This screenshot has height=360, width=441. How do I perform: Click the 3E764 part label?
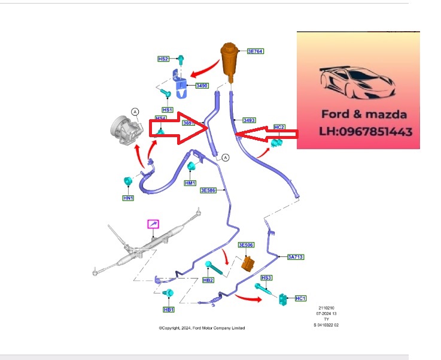255,52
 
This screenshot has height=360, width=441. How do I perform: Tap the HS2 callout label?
163,59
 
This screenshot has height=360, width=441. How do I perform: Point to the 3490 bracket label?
202,86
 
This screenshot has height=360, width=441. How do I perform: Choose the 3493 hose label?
249,120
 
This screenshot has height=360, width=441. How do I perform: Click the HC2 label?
279,128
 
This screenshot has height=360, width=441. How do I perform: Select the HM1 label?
190,183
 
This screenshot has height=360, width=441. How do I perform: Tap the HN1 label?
128,198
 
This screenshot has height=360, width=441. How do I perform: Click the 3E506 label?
246,246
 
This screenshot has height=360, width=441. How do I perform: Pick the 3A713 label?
296,257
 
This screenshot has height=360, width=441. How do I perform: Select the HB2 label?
208,280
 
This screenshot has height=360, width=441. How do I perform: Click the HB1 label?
169,310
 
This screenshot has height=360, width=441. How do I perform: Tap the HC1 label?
300,298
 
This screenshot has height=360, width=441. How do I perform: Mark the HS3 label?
266,278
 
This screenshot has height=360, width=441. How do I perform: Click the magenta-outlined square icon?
154,224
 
